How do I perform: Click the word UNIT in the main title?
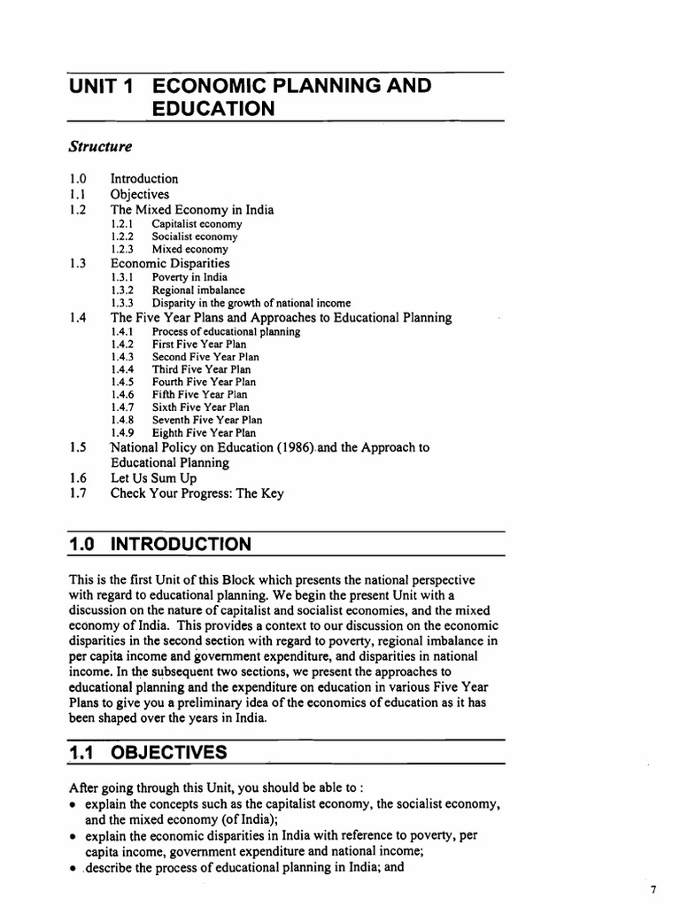click(x=95, y=86)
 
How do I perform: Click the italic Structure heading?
click(x=101, y=144)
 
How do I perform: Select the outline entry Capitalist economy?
click(x=197, y=224)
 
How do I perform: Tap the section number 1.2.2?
click(x=122, y=236)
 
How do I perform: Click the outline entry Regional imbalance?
click(x=198, y=290)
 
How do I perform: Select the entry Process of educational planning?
click(x=226, y=331)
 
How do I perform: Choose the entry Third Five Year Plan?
click(x=201, y=369)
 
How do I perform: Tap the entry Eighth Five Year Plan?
click(x=204, y=433)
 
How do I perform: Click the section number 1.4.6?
click(x=122, y=394)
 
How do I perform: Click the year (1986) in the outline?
click(x=296, y=447)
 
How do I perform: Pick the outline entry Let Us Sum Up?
click(x=153, y=477)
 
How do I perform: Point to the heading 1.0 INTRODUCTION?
click(x=159, y=543)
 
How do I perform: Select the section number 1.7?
click(x=77, y=493)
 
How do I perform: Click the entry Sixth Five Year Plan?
click(x=201, y=407)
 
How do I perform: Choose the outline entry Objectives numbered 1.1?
click(x=139, y=194)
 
